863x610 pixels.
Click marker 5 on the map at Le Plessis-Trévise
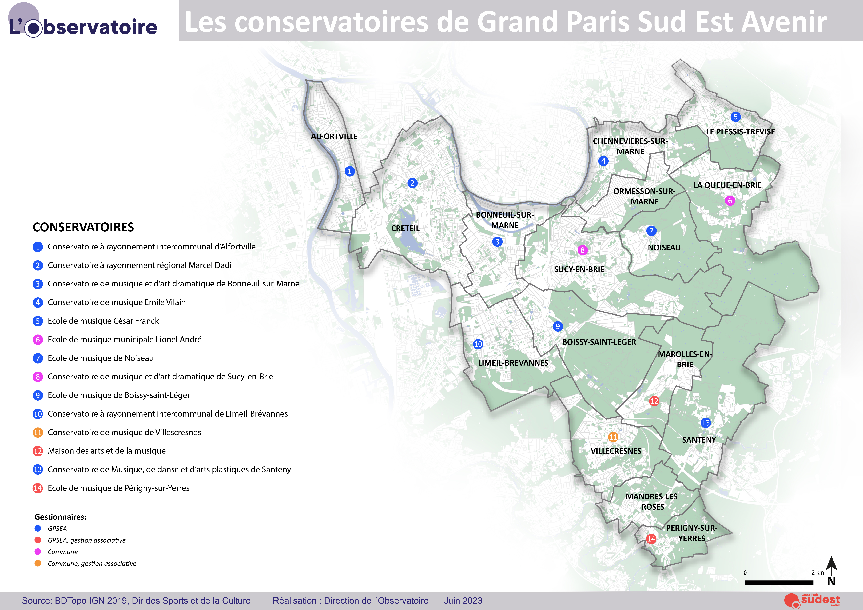point(736,117)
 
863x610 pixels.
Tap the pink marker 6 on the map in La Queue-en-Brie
point(730,201)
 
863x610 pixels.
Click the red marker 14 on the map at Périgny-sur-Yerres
point(651,539)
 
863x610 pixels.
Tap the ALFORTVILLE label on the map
point(334,136)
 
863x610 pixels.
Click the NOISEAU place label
point(664,248)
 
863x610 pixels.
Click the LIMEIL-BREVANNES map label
point(513,363)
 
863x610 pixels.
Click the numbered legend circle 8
point(38,377)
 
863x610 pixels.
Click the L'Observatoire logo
point(83,23)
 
